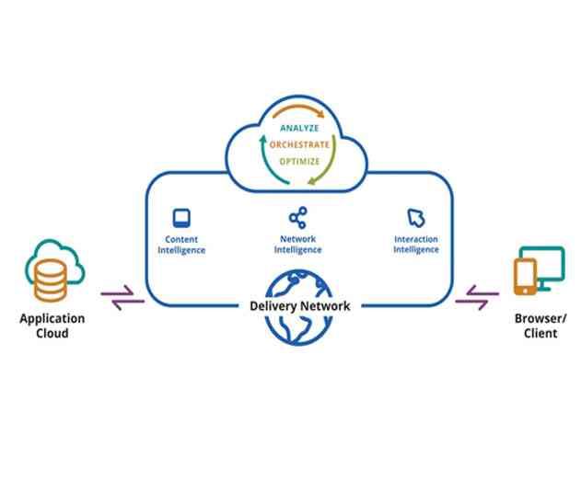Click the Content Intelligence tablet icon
(181, 218)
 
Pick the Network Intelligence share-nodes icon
(296, 218)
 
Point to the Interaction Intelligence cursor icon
(415, 218)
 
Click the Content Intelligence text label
(181, 245)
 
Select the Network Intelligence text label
(297, 245)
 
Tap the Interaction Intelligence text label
(415, 245)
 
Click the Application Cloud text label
(52, 326)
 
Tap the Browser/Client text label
(540, 326)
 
